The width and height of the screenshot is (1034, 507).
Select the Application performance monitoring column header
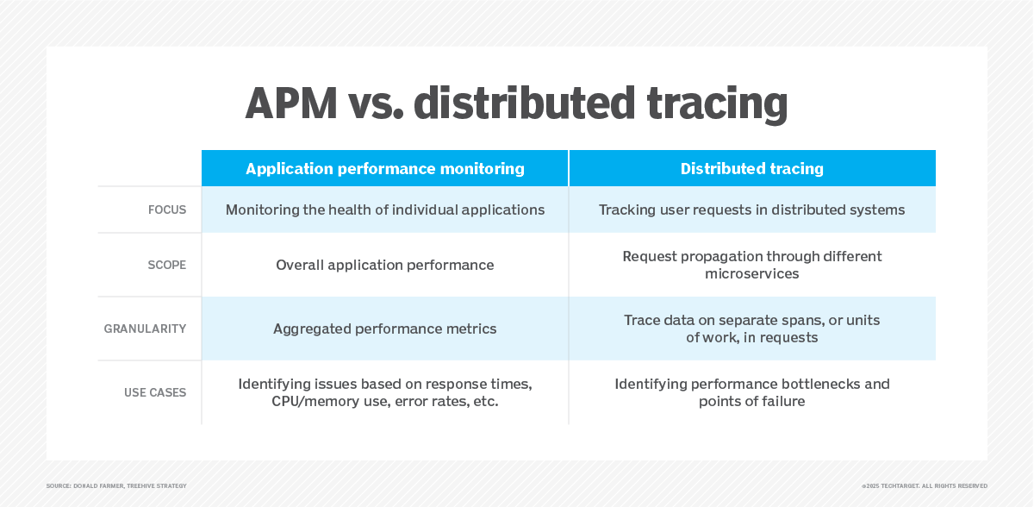(x=384, y=169)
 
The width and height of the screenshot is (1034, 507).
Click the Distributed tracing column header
(x=751, y=169)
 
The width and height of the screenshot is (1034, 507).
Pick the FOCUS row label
(x=166, y=210)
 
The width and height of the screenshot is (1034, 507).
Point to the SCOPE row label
(x=166, y=265)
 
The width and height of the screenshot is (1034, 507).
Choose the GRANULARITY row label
(x=145, y=329)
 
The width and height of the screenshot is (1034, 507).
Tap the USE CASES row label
(x=155, y=392)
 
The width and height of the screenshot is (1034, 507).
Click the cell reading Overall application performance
(x=384, y=265)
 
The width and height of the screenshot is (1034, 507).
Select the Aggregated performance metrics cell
(x=384, y=329)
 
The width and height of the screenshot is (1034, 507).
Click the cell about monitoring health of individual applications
(x=384, y=210)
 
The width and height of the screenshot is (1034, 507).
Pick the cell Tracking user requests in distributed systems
(x=751, y=210)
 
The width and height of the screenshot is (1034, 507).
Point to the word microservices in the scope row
(x=751, y=274)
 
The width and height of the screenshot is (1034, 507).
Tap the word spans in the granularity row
(x=800, y=320)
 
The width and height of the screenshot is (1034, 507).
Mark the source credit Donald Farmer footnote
(x=116, y=486)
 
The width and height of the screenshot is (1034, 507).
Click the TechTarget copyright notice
(x=924, y=486)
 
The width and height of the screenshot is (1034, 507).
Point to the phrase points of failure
(x=751, y=402)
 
